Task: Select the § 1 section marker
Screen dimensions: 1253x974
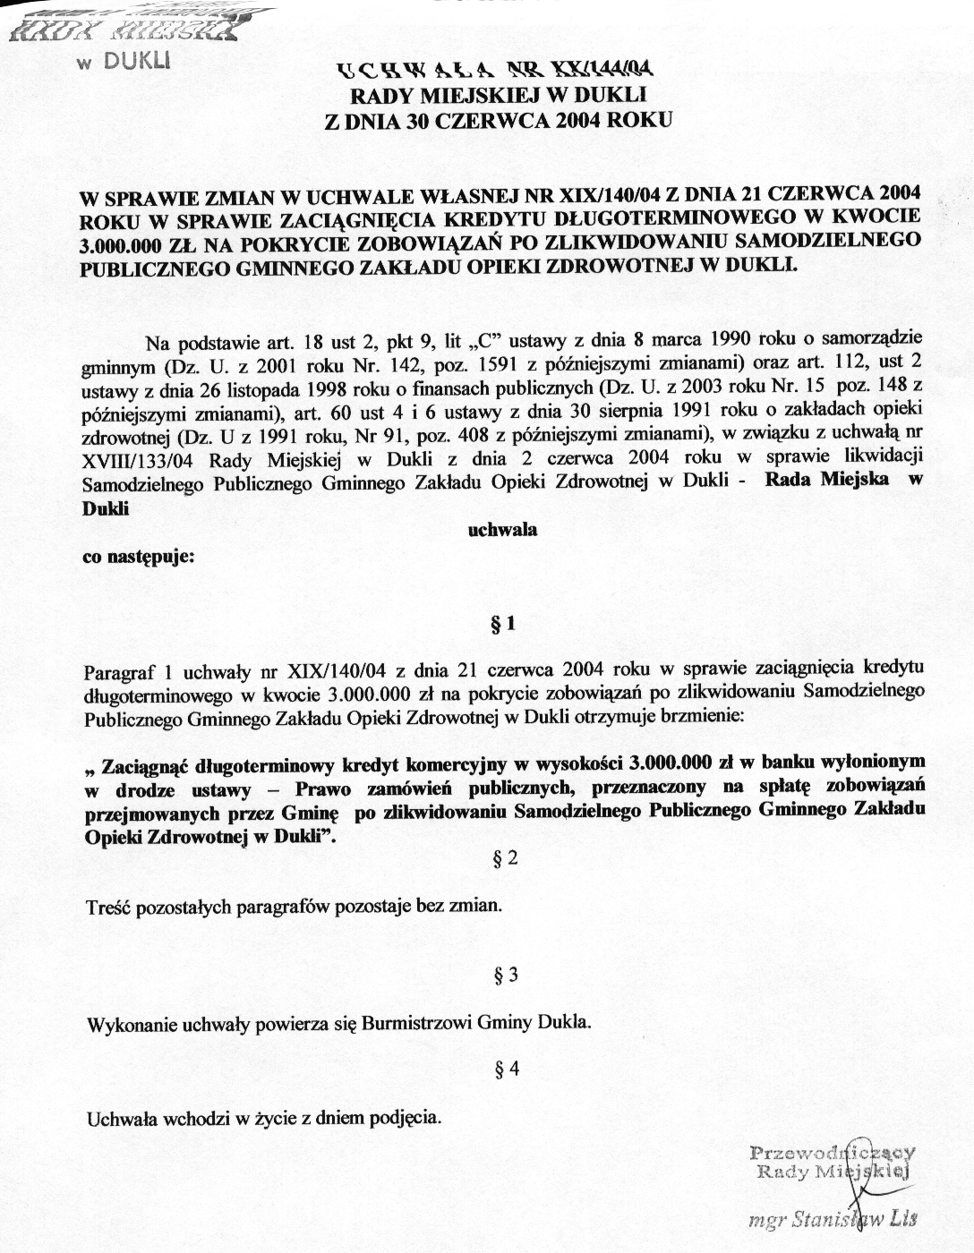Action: (x=503, y=625)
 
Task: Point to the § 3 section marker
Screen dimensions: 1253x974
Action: (x=506, y=975)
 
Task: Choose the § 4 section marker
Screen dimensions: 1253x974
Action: (x=506, y=1069)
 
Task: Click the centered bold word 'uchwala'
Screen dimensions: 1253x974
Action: (x=503, y=529)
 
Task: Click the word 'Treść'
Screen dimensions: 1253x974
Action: (x=107, y=906)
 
